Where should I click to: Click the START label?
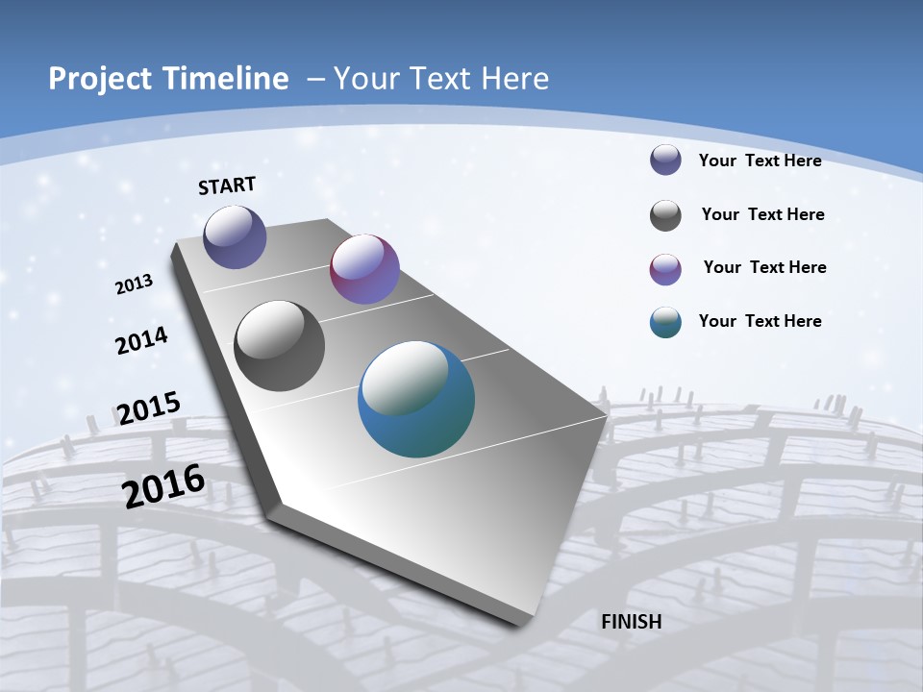point(227,185)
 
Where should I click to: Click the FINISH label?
point(631,622)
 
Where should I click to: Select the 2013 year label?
point(135,284)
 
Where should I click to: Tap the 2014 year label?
point(142,341)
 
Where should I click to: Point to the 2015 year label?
point(149,408)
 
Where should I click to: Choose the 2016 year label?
point(163,486)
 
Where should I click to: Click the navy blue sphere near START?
point(235,236)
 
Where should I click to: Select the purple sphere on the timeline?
point(364,269)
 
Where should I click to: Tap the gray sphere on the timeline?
point(280,346)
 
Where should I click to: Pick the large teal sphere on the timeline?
point(416,399)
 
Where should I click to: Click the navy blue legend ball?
point(665,160)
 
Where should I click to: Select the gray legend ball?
point(665,215)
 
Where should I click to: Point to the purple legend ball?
point(665,269)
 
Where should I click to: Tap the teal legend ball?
point(665,322)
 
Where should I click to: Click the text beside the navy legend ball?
point(760,161)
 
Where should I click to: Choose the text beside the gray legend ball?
point(762,214)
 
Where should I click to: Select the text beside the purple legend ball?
point(764,267)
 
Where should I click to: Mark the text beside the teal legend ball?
point(760,321)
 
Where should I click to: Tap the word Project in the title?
point(95,79)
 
